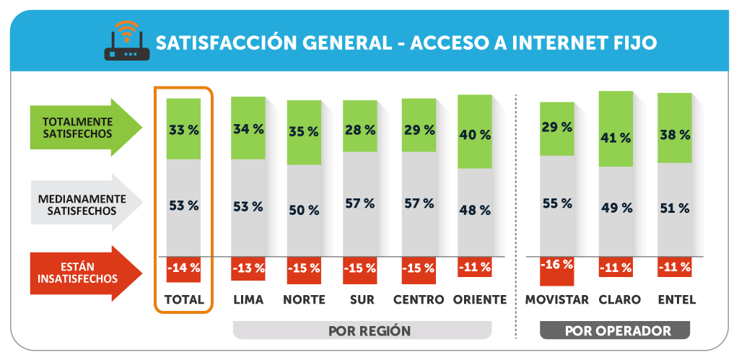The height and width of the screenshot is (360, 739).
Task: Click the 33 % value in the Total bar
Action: point(183,130)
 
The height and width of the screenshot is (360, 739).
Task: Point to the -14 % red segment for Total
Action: point(183,268)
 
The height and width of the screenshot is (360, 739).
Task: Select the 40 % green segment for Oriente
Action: point(475,134)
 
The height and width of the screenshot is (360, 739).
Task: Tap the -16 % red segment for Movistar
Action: point(556,267)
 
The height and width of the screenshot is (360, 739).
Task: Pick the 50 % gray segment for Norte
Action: point(304,210)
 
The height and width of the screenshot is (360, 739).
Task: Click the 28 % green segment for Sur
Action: point(359,130)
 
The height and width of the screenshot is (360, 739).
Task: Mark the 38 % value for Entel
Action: point(674,134)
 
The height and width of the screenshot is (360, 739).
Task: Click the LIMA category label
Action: point(248,299)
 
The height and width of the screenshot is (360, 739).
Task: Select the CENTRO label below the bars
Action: point(418,299)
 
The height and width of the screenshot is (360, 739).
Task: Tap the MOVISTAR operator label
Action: point(556,299)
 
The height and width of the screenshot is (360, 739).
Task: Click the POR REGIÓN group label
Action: point(369,331)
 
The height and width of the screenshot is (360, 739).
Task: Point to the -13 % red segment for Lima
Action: point(248,268)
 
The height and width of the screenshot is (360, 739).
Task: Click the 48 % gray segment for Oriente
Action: point(475,210)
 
